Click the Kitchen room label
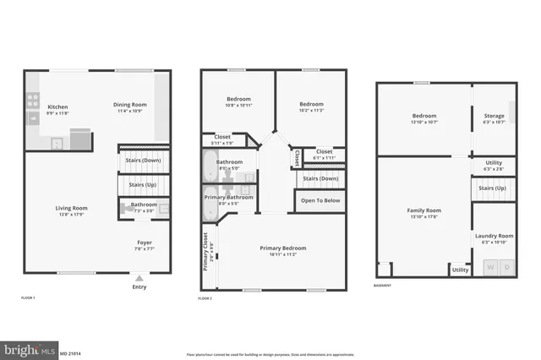pyautogui.click(x=57, y=106)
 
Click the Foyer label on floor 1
pyautogui.click(x=145, y=242)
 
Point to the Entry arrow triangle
pyautogui.click(x=139, y=276)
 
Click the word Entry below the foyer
pyautogui.click(x=139, y=286)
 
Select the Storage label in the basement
pyautogui.click(x=495, y=116)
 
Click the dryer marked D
pyautogui.click(x=506, y=268)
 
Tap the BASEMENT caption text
pyautogui.click(x=383, y=285)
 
